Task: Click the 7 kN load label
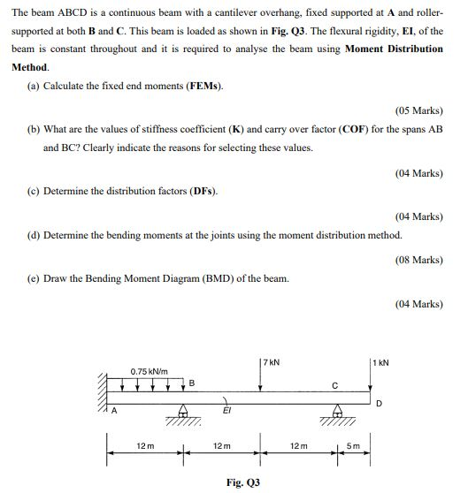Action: tap(271, 361)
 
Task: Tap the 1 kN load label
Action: tap(381, 362)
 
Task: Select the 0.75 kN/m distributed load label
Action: tap(150, 371)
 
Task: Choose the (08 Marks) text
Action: tap(419, 260)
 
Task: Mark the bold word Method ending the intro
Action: tap(30, 67)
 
